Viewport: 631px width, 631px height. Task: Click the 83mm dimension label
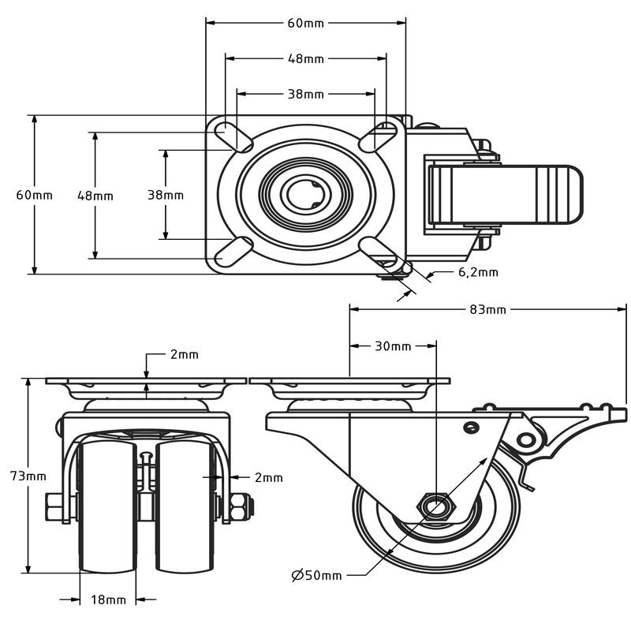[487, 309]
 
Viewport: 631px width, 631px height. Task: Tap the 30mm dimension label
[393, 346]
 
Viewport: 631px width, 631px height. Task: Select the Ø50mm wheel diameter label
[317, 576]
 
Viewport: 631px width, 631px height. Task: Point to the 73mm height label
[28, 476]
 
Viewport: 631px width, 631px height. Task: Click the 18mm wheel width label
[108, 600]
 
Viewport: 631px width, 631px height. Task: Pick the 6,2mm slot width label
[479, 272]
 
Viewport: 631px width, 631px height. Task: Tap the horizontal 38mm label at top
[306, 94]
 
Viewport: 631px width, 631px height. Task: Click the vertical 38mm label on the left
[166, 195]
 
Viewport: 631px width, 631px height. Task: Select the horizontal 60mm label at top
[306, 24]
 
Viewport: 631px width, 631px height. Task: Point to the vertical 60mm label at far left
[34, 195]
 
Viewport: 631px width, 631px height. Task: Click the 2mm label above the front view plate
[185, 354]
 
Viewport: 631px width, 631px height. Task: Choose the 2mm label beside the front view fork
[269, 478]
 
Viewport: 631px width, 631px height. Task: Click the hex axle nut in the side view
[436, 506]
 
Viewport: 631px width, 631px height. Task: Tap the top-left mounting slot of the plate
[233, 136]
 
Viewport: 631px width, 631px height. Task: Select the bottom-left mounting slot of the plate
[233, 252]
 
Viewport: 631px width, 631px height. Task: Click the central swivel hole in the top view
[305, 195]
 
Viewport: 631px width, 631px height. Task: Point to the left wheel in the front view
[108, 506]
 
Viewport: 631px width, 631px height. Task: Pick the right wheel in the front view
[185, 506]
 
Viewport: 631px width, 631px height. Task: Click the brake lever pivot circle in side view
[526, 439]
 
